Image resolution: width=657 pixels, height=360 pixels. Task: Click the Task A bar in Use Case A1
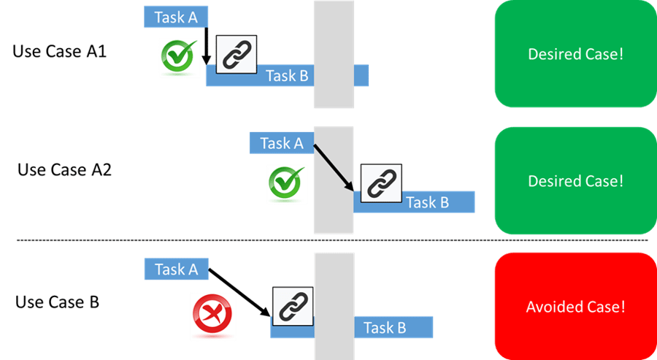pyautogui.click(x=176, y=18)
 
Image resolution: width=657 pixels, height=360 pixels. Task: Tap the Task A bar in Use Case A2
pyautogui.click(x=281, y=143)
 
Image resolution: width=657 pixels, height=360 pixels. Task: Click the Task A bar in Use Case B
pyautogui.click(x=176, y=269)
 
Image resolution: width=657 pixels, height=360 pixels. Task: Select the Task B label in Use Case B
pyautogui.click(x=385, y=328)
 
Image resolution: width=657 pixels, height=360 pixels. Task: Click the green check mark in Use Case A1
pyautogui.click(x=180, y=58)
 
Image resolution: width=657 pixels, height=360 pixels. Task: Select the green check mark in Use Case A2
pyautogui.click(x=287, y=183)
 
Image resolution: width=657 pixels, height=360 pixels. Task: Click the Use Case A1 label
pyautogui.click(x=60, y=53)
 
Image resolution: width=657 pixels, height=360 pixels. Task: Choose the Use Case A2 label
pyautogui.click(x=64, y=170)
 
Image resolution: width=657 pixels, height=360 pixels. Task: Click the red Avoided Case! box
pyautogui.click(x=575, y=307)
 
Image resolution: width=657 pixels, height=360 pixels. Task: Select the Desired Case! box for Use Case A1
pyautogui.click(x=575, y=55)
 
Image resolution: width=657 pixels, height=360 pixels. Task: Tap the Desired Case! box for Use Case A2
pyautogui.click(x=575, y=180)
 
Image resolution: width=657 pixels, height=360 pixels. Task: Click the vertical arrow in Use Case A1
pyautogui.click(x=206, y=45)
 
